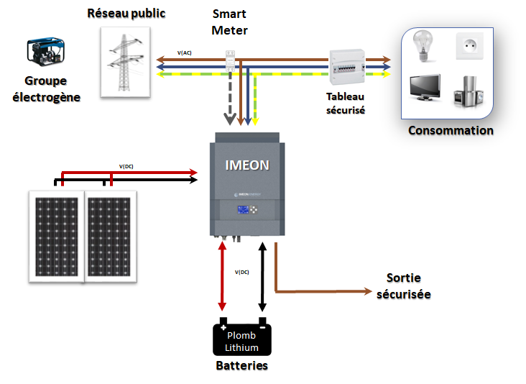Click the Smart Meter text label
coord(229,22)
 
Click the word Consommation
coord(451,130)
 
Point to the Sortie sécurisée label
coord(403,285)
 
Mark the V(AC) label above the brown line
coord(185,53)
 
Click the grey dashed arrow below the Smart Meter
coord(231,97)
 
